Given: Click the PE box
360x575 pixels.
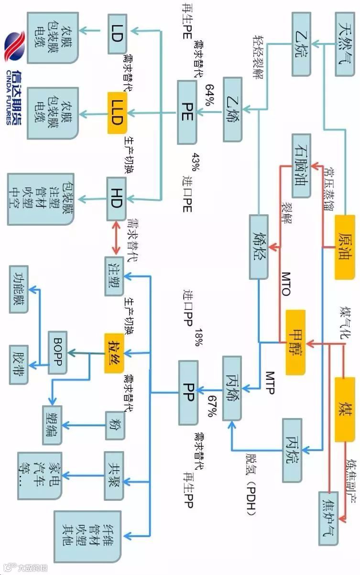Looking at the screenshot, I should tap(187, 112).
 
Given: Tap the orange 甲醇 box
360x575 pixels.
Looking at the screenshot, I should tap(295, 342).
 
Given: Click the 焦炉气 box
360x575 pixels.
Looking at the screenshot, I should tap(329, 518).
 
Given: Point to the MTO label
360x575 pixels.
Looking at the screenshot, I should tap(285, 284).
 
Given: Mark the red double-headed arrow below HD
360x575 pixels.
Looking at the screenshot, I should tap(115, 239).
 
